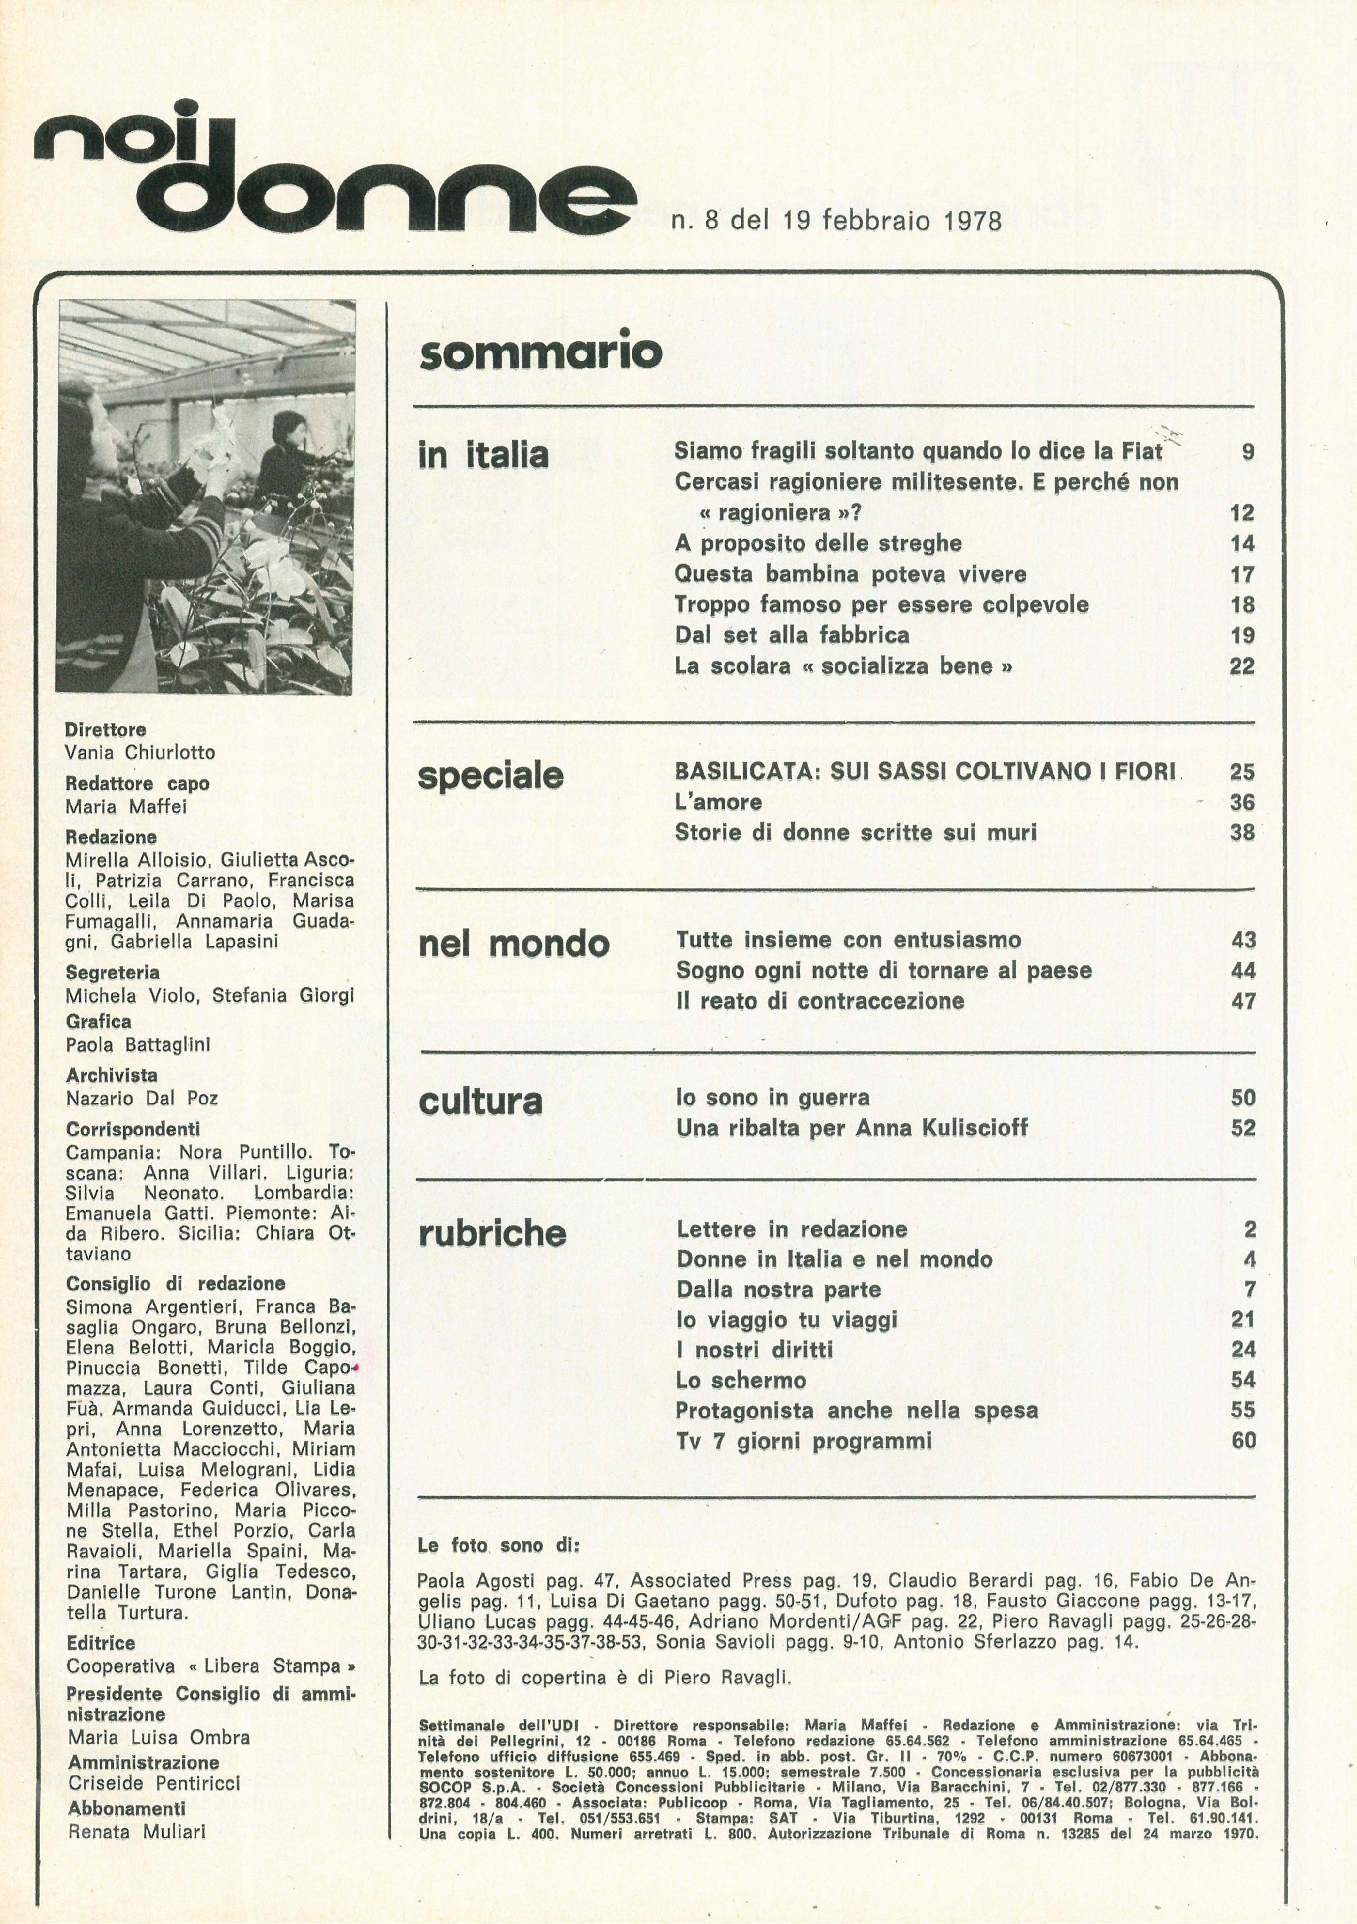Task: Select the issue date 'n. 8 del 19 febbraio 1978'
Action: click(x=836, y=221)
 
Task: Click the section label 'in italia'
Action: click(x=483, y=456)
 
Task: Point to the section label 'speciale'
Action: click(x=490, y=776)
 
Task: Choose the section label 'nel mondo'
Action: click(x=513, y=944)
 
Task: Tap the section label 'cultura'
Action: click(x=480, y=1102)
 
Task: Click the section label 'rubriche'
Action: click(x=492, y=1233)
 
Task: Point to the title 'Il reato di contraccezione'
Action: click(x=820, y=1001)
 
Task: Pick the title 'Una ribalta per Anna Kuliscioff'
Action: click(x=852, y=1128)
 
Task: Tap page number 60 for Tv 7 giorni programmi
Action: click(x=1243, y=1441)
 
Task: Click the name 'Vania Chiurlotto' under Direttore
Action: click(x=140, y=753)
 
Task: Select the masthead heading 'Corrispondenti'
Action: click(x=133, y=1129)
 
